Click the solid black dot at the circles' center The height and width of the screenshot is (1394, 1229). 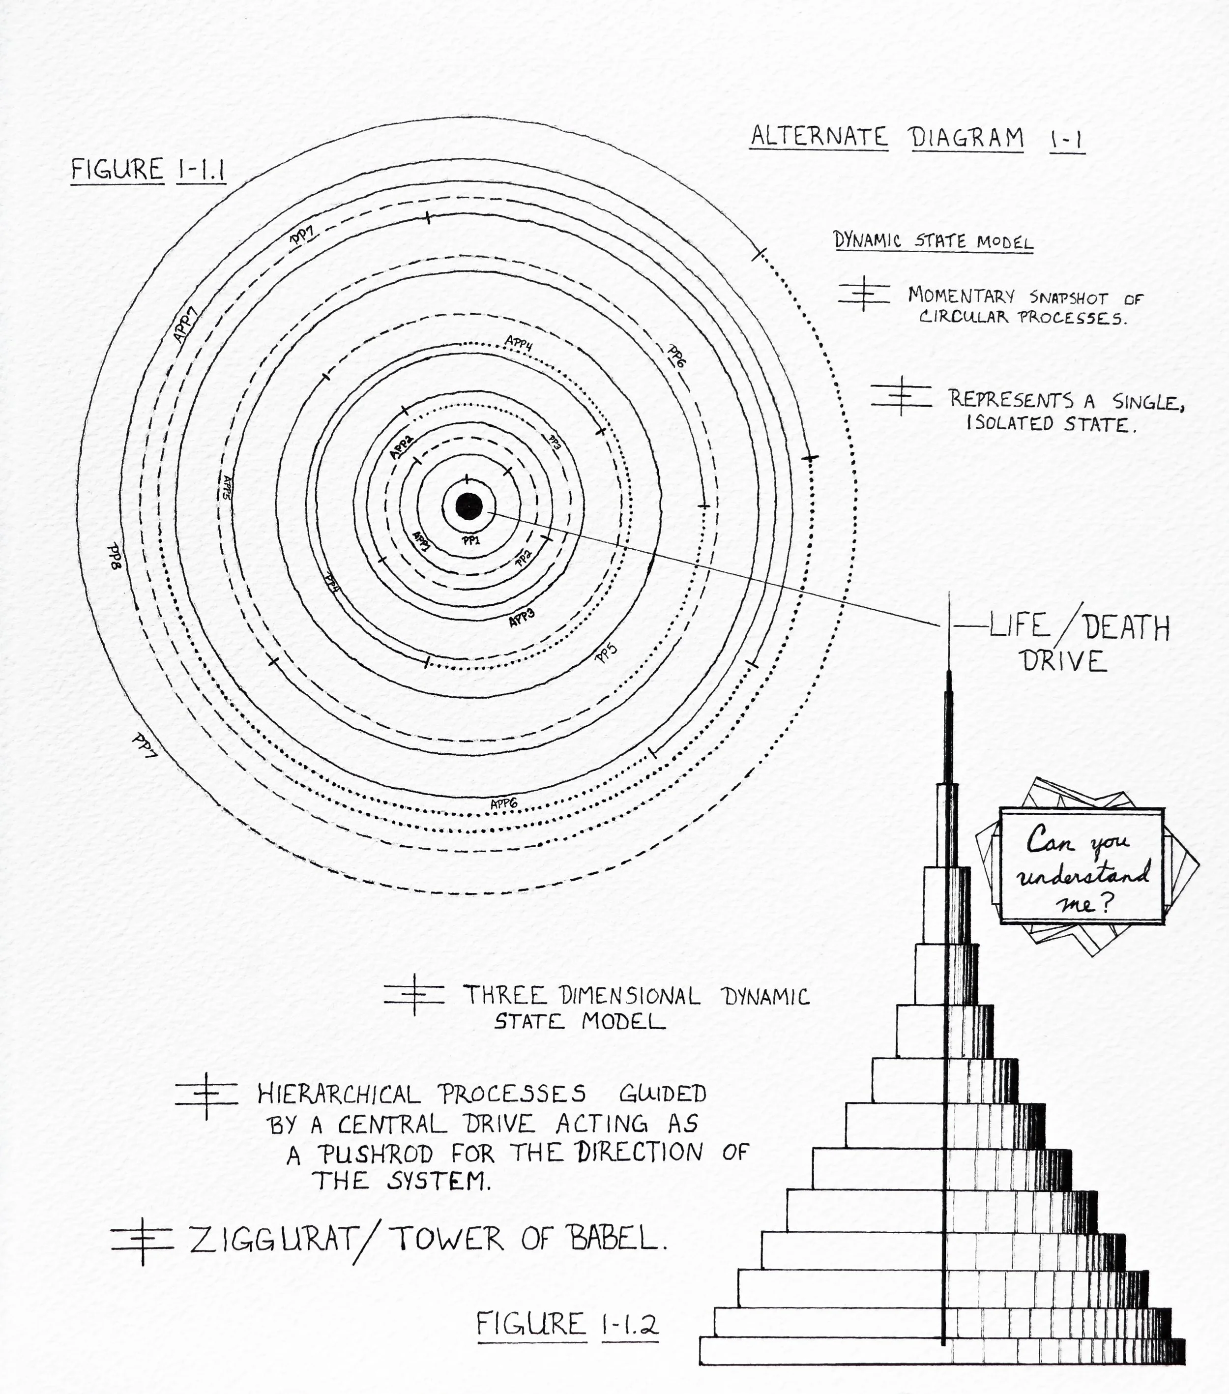click(468, 505)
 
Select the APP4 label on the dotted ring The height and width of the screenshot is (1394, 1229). click(518, 342)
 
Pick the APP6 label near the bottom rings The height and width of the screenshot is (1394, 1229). click(504, 804)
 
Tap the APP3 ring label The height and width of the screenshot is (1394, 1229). click(521, 617)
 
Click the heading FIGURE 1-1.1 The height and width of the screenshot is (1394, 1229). click(148, 170)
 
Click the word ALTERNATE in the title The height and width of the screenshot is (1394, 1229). click(819, 137)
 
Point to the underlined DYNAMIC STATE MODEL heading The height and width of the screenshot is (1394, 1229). click(933, 241)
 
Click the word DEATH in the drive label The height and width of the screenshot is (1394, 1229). click(1127, 627)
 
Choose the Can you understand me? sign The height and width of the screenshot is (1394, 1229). click(1081, 866)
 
